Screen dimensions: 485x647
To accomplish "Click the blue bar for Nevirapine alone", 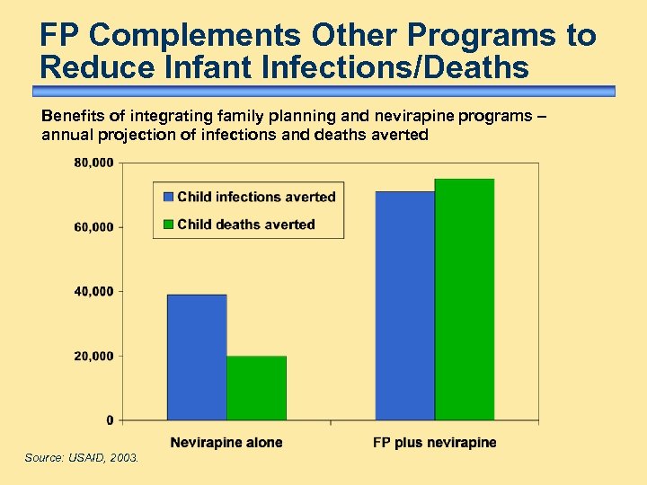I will (x=197, y=357).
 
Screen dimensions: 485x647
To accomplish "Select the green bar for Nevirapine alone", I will (x=256, y=388).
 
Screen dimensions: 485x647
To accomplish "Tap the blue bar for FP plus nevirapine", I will (x=404, y=305).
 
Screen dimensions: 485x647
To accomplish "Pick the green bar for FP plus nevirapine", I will (x=465, y=299).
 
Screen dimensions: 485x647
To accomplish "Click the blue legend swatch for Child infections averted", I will (x=167, y=197).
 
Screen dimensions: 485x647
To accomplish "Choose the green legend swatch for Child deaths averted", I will (x=167, y=224).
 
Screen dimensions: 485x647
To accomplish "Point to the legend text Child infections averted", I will (x=256, y=197).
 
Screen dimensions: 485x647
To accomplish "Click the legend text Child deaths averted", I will (x=246, y=224).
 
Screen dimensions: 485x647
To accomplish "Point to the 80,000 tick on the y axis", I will (x=93, y=163).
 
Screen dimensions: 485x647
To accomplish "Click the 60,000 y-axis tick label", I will (x=93, y=227).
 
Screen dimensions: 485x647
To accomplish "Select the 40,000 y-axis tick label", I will (x=93, y=292).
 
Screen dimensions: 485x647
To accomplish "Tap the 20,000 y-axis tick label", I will (x=93, y=357).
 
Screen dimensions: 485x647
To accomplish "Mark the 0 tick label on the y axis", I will (x=110, y=420).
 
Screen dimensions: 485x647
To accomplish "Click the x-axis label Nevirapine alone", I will (x=226, y=442).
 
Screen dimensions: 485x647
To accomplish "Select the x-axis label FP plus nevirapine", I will (x=434, y=442).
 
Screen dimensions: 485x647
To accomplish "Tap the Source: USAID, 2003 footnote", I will (x=82, y=458).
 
